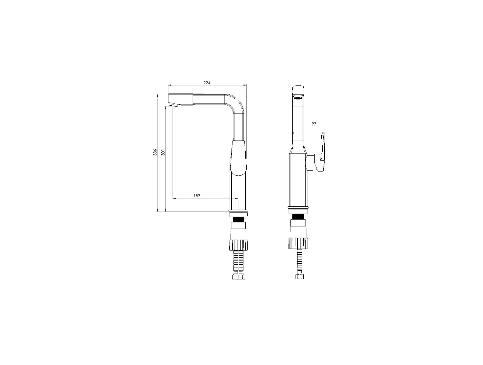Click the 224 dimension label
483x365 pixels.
(x=207, y=83)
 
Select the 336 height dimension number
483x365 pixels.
(x=155, y=152)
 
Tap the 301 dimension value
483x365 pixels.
(x=163, y=153)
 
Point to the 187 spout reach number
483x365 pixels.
(x=197, y=196)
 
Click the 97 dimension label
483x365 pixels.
(x=314, y=124)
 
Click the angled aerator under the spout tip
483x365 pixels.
(x=173, y=105)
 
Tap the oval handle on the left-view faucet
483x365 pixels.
(x=238, y=158)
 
